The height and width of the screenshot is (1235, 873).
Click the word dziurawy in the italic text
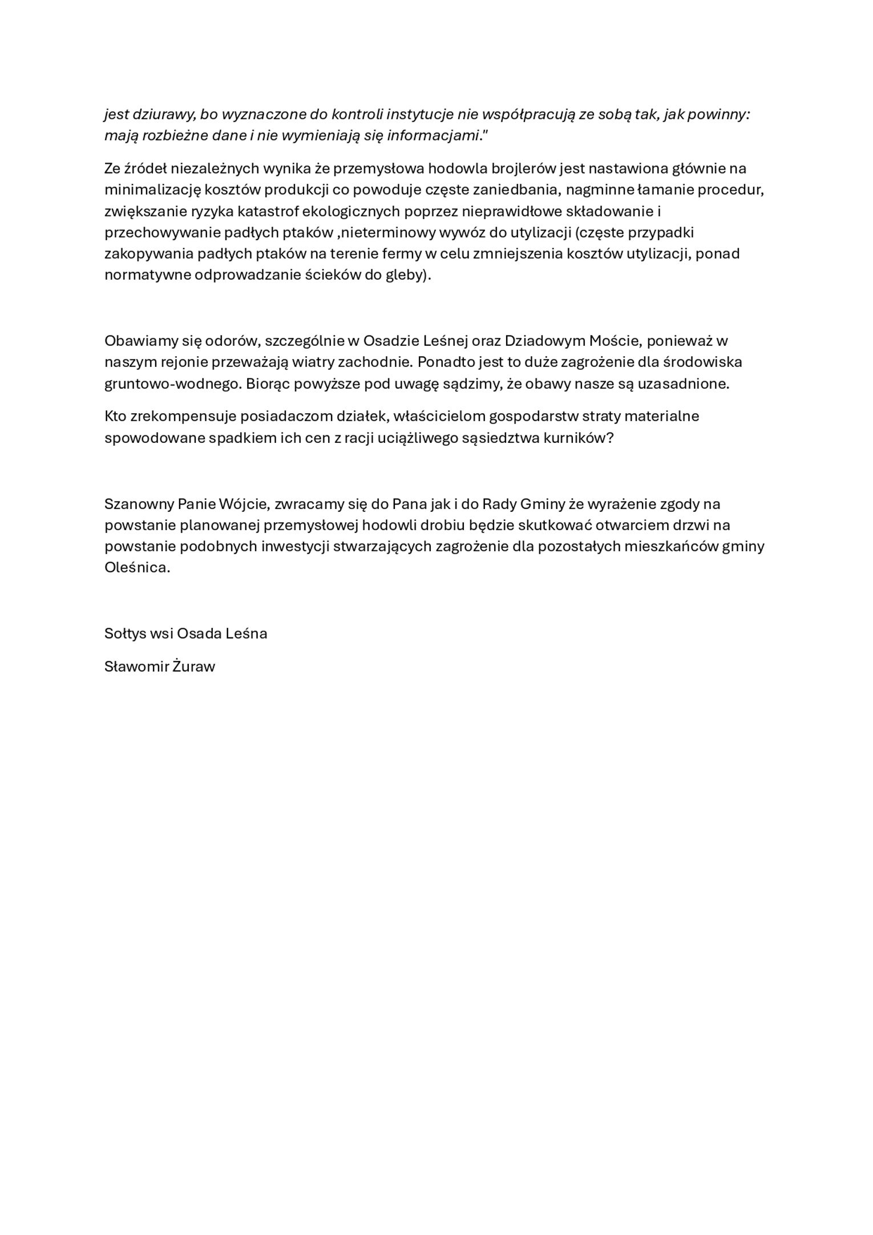tap(164, 115)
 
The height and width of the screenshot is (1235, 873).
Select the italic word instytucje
tap(419, 115)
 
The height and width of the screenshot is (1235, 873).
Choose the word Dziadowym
tap(544, 341)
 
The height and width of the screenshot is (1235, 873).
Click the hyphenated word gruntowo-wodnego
tap(173, 384)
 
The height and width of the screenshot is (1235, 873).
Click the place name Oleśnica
tap(137, 568)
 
